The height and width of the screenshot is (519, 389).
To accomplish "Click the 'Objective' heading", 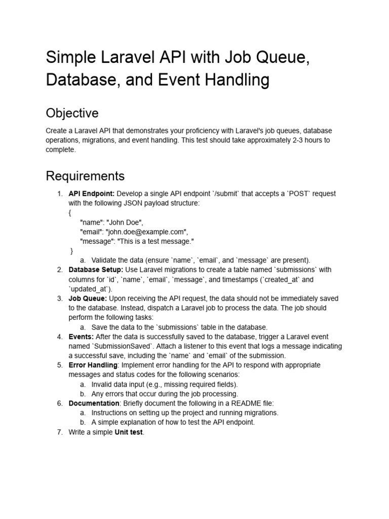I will (72, 113).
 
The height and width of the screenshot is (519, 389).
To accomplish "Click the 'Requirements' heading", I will (85, 176).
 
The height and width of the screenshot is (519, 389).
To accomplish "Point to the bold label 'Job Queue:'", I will (88, 299).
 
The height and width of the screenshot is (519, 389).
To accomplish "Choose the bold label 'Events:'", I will (81, 337).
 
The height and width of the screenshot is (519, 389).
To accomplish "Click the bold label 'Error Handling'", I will (93, 365).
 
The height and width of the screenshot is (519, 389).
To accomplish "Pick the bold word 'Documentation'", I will (94, 403).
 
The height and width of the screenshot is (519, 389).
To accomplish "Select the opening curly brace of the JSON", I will (70, 212).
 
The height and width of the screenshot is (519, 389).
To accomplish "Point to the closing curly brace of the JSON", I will (71, 250).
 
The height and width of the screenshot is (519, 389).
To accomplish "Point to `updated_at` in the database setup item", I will (90, 289).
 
